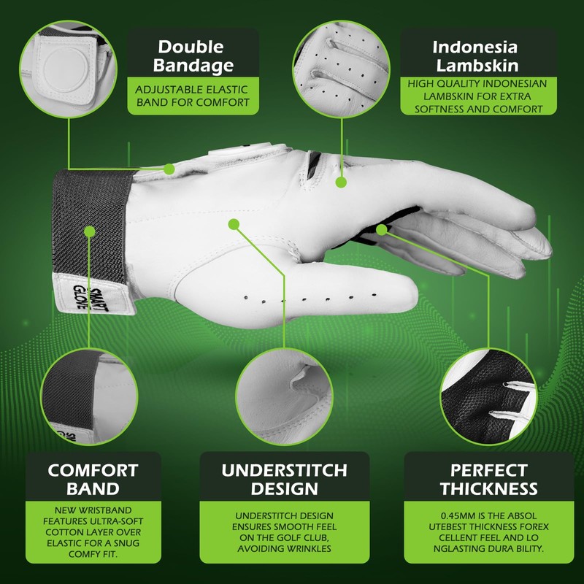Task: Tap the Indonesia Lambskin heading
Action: pos(474,55)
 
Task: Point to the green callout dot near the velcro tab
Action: pos(169,169)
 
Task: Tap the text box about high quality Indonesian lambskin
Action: pos(475,96)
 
